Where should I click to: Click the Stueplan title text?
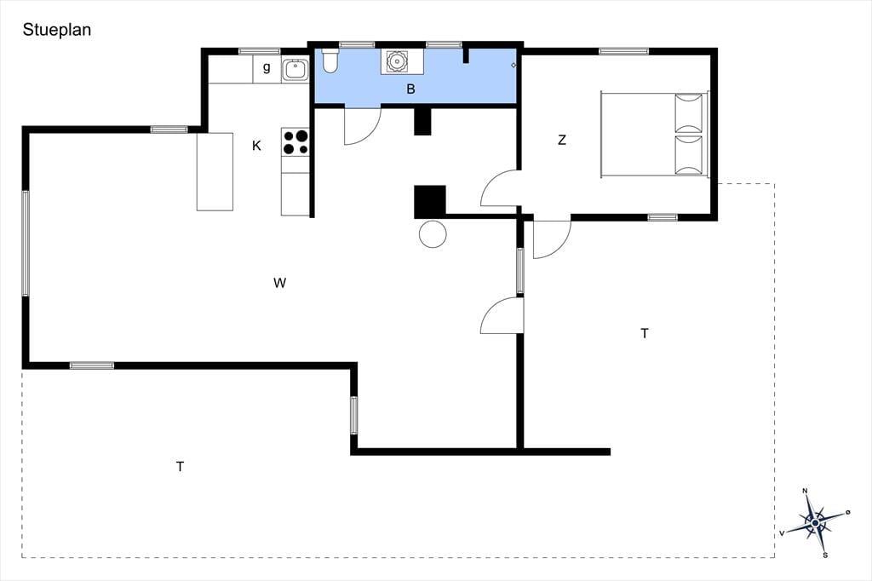pyautogui.click(x=57, y=30)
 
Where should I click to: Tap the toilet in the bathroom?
pyautogui.click(x=330, y=61)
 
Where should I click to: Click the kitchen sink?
pyautogui.click(x=295, y=70)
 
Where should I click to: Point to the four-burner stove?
pyautogui.click(x=295, y=142)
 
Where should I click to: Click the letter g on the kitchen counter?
pyautogui.click(x=267, y=68)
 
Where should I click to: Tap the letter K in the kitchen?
pyautogui.click(x=256, y=146)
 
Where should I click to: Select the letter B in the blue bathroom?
pyautogui.click(x=411, y=89)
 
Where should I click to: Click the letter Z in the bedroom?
pyautogui.click(x=562, y=141)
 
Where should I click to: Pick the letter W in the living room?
pyautogui.click(x=279, y=284)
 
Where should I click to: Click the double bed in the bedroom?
pyautogui.click(x=655, y=135)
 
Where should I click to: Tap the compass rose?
pyautogui.click(x=815, y=523)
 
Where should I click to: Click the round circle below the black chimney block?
pyautogui.click(x=433, y=233)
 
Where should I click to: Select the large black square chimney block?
pyautogui.click(x=430, y=201)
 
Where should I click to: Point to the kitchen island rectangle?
pyautogui.click(x=215, y=171)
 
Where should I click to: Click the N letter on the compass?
pyautogui.click(x=805, y=491)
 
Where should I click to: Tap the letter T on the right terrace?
pyautogui.click(x=645, y=333)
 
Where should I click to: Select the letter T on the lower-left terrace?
pyautogui.click(x=181, y=467)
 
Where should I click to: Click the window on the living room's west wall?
pyautogui.click(x=25, y=243)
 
